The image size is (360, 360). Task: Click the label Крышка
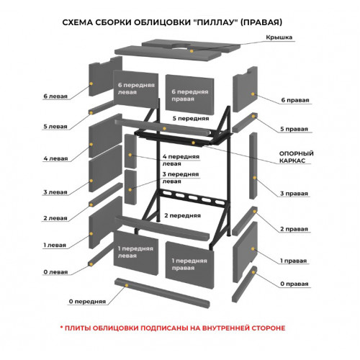point(279,37)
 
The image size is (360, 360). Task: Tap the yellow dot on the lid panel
point(192,51)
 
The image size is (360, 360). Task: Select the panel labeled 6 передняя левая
point(135,89)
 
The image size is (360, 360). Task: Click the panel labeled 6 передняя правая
point(189,95)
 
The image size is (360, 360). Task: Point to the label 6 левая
point(55,96)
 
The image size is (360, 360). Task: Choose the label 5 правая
point(294,129)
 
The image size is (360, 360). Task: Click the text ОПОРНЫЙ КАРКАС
point(296,157)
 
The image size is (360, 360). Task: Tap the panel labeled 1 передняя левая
point(135,253)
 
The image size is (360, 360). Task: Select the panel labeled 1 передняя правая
point(189,265)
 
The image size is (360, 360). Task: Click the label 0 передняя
point(87,302)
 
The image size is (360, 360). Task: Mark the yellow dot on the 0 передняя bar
point(127,285)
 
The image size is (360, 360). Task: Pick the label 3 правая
point(294,194)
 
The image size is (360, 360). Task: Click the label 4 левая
point(55,158)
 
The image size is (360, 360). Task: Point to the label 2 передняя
point(182,215)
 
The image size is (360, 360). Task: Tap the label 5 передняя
point(191,118)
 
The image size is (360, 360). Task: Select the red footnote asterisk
point(61,327)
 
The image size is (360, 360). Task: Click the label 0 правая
point(294,284)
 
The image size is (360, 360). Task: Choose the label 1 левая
point(55,245)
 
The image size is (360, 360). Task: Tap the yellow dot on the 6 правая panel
point(253,94)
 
